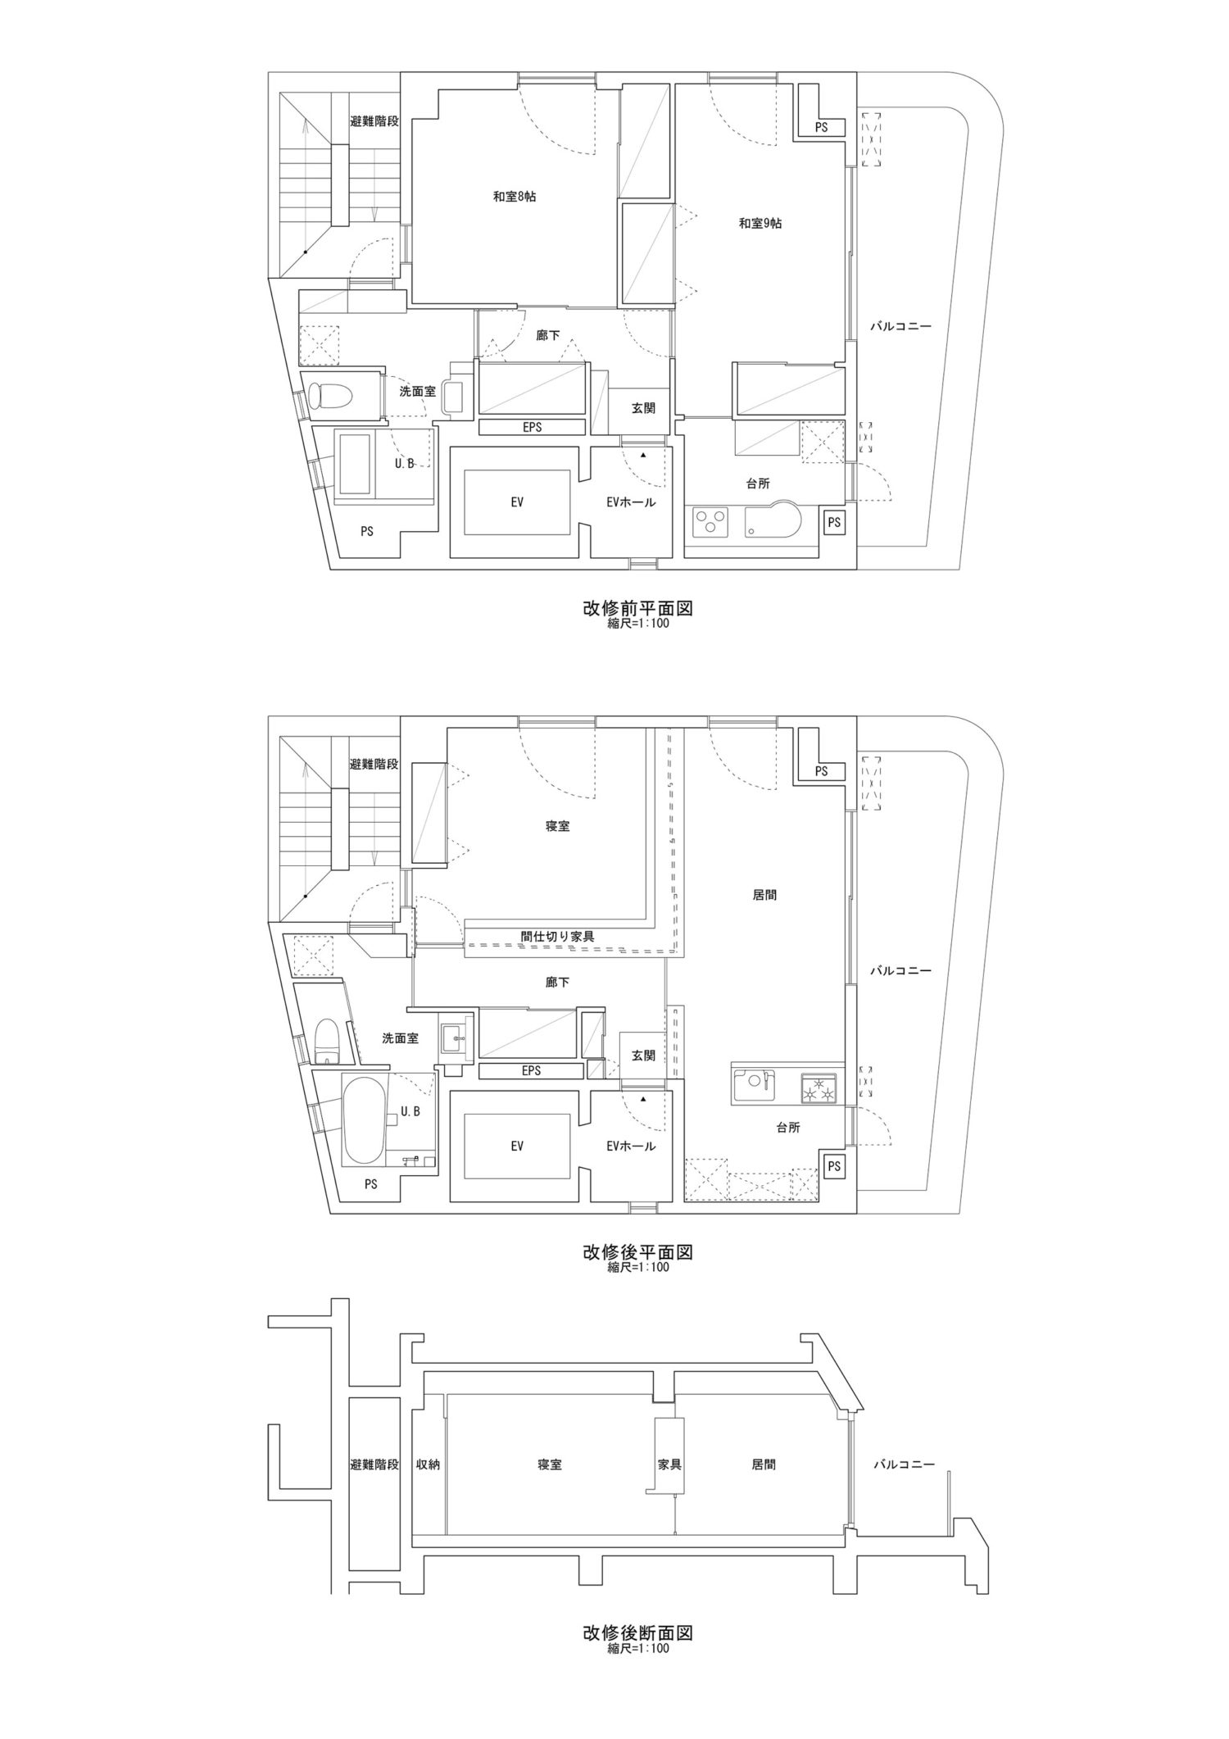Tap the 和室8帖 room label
coord(515,197)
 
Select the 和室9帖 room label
coord(760,223)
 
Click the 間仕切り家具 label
coord(557,935)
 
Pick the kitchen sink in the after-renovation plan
coord(753,1088)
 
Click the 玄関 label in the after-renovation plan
coord(643,1056)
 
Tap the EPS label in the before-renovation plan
coord(532,427)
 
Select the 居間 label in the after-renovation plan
coord(764,896)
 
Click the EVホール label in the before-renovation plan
coord(631,502)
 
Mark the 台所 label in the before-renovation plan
coord(758,484)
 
